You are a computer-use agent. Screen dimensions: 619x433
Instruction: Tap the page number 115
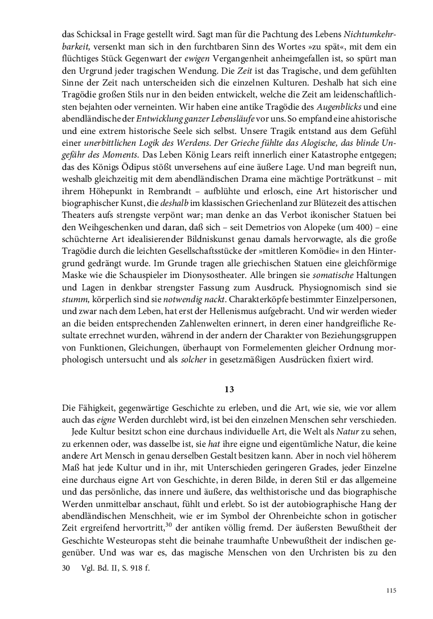tap(391, 590)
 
